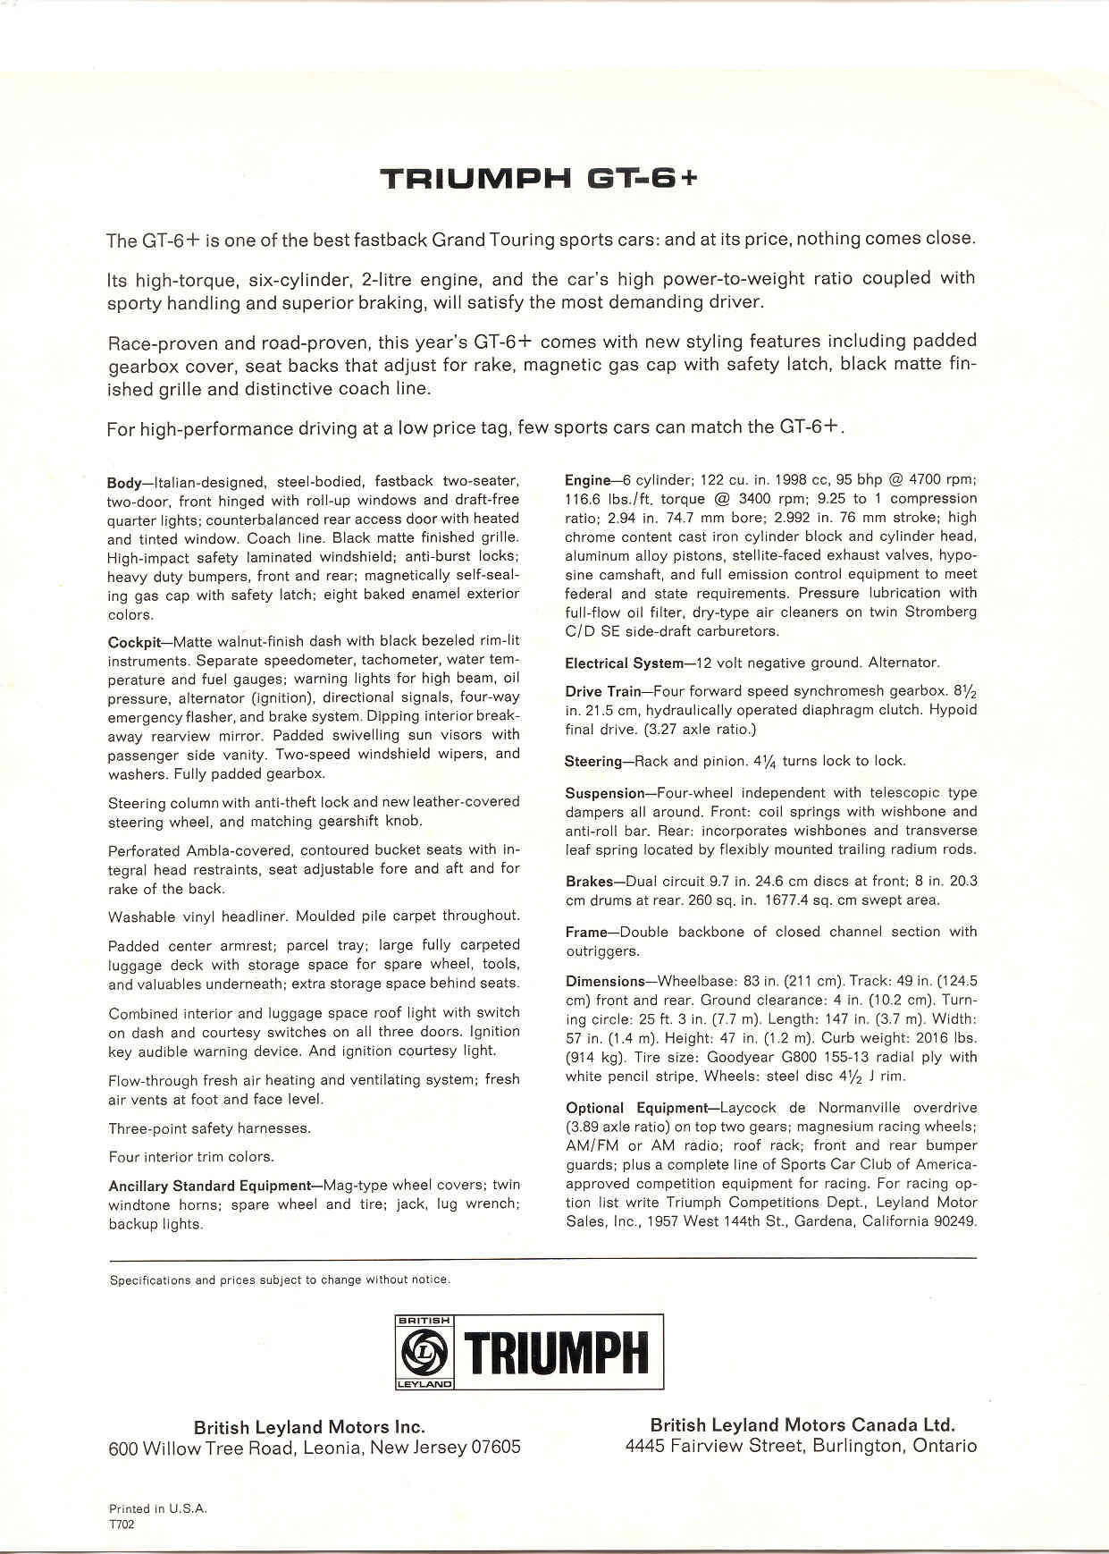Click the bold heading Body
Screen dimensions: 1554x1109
pyautogui.click(x=123, y=482)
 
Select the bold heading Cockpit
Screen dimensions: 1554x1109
pyautogui.click(x=133, y=642)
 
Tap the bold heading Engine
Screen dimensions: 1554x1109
pyautogui.click(x=587, y=479)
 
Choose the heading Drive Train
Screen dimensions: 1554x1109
pyautogui.click(x=603, y=691)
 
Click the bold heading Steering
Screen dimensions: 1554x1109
pyautogui.click(x=592, y=762)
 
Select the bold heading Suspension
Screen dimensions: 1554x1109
pyautogui.click(x=605, y=793)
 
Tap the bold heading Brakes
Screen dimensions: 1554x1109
pyautogui.click(x=589, y=882)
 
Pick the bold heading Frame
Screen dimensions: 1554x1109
pyautogui.click(x=586, y=932)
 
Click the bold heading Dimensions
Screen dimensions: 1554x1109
pyautogui.click(x=605, y=981)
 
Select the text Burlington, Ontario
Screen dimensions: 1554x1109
pyautogui.click(x=895, y=1446)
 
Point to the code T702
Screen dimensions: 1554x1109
pyautogui.click(x=122, y=1525)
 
